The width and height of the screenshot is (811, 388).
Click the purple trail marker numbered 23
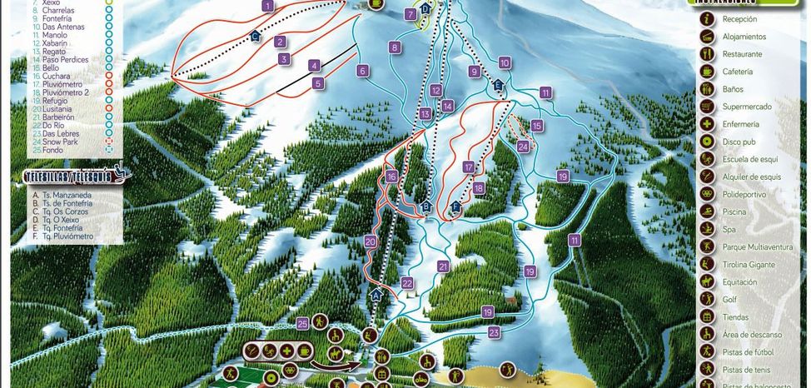(x=494, y=332)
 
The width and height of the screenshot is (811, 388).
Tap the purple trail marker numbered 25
(x=303, y=323)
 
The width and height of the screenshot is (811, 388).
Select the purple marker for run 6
(x=363, y=71)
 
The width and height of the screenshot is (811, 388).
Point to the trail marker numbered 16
(x=391, y=177)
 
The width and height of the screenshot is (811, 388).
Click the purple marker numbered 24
(x=523, y=147)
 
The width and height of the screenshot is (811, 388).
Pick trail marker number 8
(x=395, y=47)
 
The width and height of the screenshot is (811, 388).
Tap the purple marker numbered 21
(x=443, y=266)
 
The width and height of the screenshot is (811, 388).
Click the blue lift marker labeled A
(x=376, y=295)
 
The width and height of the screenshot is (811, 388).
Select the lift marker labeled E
(x=499, y=85)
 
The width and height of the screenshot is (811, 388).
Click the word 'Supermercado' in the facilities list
(x=747, y=107)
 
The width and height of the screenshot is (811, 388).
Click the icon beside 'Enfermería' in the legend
(x=706, y=124)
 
